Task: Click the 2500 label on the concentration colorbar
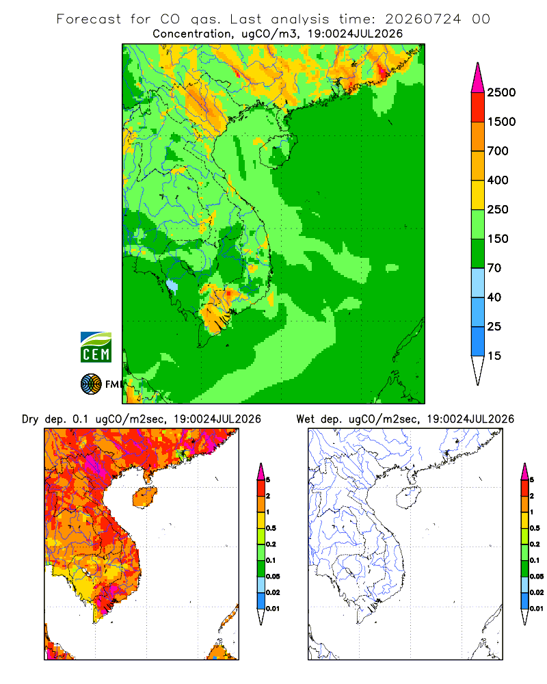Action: [501, 92]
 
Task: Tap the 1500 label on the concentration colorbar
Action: [501, 122]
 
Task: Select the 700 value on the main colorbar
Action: [498, 151]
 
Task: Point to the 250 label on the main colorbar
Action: [498, 209]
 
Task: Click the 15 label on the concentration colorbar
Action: [494, 356]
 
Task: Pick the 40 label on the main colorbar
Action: [494, 297]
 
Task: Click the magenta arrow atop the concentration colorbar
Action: [478, 78]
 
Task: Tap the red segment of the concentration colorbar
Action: [478, 107]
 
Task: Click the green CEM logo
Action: [96, 347]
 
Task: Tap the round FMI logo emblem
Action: [91, 384]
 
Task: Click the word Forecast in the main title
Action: [89, 19]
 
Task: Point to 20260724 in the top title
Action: [423, 19]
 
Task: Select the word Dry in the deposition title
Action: [30, 419]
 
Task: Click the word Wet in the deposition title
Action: [305, 419]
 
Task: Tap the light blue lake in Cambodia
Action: [172, 286]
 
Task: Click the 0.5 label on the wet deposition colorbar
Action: [535, 528]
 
